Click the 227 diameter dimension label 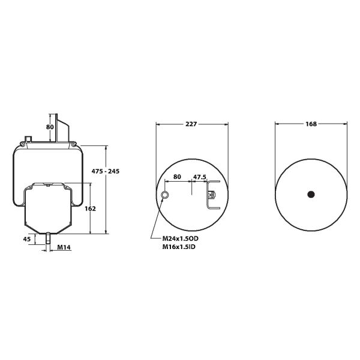click(191, 124)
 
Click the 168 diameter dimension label click(311, 124)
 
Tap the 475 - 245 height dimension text click(105, 172)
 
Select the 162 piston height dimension click(90, 209)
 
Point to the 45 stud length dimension click(26, 239)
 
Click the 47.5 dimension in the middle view click(200, 178)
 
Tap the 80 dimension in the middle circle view click(177, 178)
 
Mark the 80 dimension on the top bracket click(50, 127)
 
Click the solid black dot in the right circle click(311, 193)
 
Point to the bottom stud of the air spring click(47, 239)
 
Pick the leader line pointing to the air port click(159, 216)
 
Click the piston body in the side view click(48, 210)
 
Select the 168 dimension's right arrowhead click(345, 124)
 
